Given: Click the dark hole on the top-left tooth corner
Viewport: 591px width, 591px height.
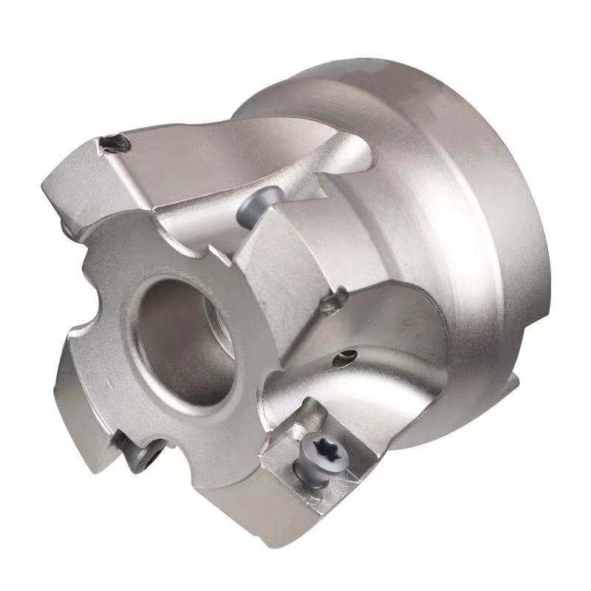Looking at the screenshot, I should [116, 143].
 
